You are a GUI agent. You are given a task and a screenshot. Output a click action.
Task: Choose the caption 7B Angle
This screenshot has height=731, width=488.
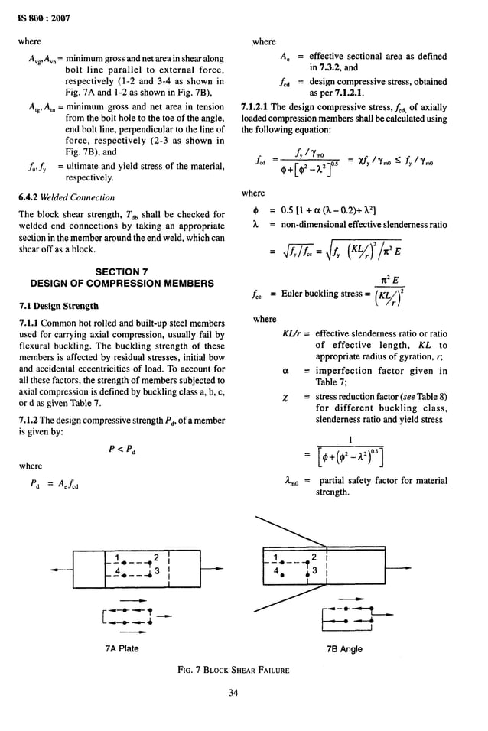pos(345,648)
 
